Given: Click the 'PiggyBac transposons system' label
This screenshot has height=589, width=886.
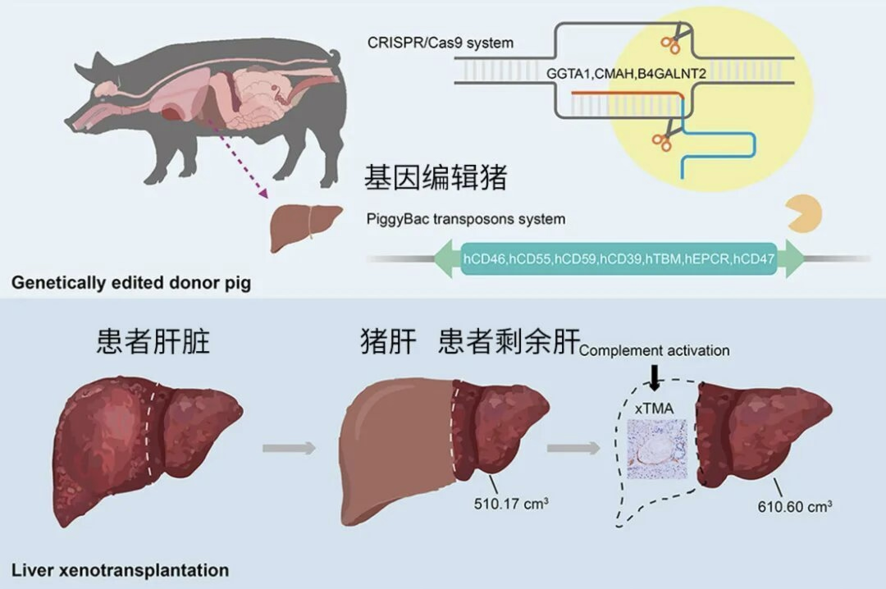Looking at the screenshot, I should tap(465, 219).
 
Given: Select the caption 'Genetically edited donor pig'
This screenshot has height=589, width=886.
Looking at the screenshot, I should tap(131, 284).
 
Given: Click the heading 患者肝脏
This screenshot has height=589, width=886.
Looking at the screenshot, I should tap(153, 341).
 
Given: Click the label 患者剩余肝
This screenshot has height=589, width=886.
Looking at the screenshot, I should tap(509, 341).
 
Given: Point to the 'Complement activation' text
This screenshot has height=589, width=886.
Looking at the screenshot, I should tap(654, 351).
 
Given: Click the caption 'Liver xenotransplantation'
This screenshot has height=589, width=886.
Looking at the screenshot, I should tap(120, 569).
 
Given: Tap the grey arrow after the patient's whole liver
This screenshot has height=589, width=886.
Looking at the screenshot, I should tap(289, 448).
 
